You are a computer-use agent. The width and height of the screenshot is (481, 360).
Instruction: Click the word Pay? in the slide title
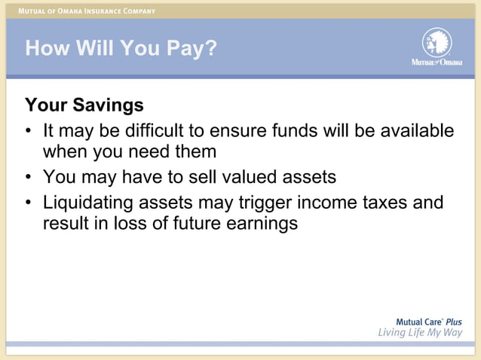tap(189, 49)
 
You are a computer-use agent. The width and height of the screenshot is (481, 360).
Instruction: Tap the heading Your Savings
tap(84, 104)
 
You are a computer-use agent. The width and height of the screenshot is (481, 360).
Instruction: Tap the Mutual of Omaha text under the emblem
tap(437, 62)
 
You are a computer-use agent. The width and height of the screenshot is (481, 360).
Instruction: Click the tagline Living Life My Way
tap(420, 334)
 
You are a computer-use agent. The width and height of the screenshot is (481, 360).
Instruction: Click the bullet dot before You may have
tap(29, 178)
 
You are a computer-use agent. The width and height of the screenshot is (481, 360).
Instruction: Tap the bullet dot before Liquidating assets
tap(29, 203)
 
